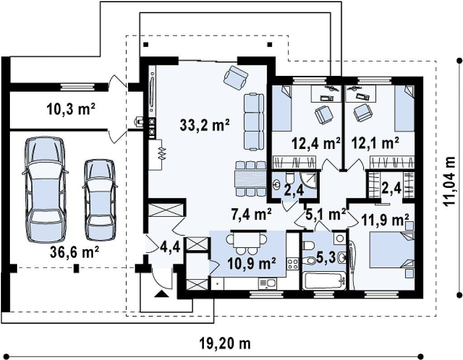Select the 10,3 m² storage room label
click(x=71, y=109)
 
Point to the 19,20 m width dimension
click(x=225, y=343)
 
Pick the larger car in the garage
click(x=45, y=189)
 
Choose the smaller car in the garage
click(x=99, y=200)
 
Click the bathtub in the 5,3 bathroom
click(x=324, y=281)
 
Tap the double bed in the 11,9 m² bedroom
click(x=392, y=250)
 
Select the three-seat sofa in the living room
click(x=254, y=122)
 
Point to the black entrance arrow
click(x=161, y=294)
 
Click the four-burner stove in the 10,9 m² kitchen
click(x=293, y=263)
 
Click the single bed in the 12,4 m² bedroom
click(x=281, y=108)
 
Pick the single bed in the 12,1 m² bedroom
click(x=405, y=108)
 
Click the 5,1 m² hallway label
click(x=326, y=215)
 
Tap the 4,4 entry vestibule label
click(x=170, y=247)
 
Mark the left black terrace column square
click(x=146, y=45)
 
